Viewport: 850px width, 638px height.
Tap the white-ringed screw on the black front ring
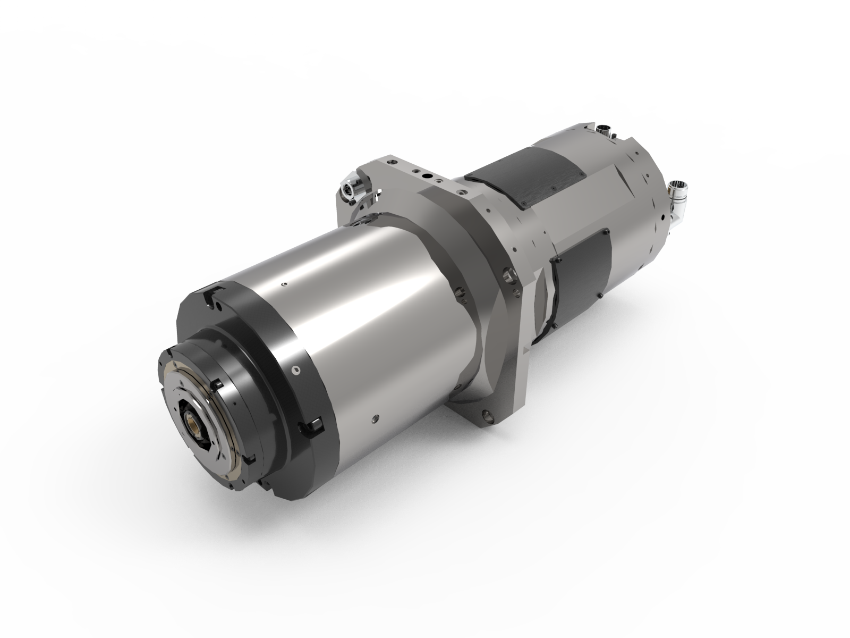pyautogui.click(x=296, y=368)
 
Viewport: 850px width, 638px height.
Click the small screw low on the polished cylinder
pyautogui.click(x=376, y=418)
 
